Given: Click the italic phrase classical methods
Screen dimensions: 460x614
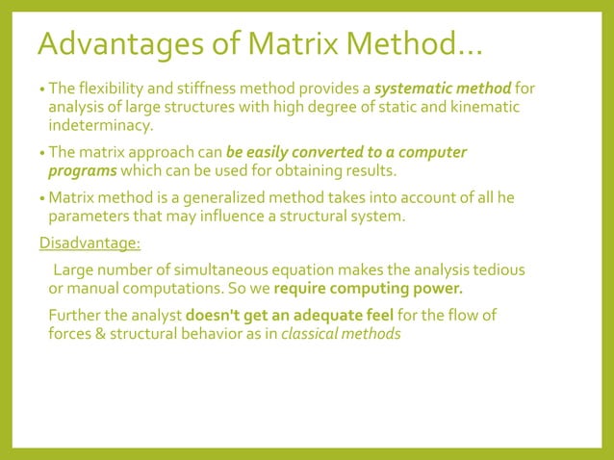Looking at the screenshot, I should [341, 333].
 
